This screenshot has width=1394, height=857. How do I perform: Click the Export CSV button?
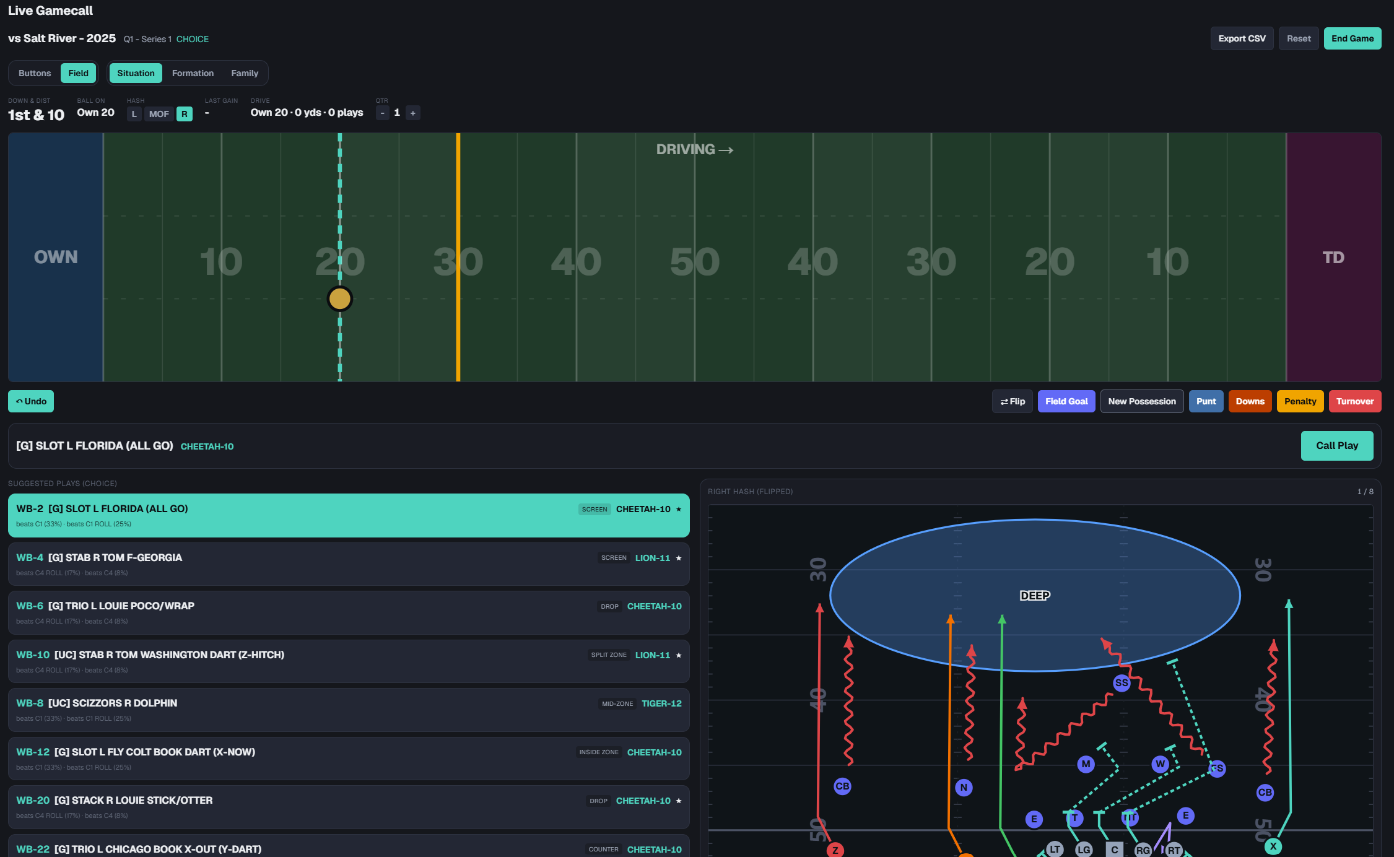[1242, 38]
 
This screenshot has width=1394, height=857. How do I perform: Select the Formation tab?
[193, 73]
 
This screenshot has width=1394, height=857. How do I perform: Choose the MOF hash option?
[159, 114]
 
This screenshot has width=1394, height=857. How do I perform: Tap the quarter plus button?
[413, 113]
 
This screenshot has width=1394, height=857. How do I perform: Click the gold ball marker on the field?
[339, 298]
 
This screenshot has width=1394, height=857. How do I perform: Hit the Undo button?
[31, 401]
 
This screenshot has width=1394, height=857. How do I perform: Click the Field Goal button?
[1066, 401]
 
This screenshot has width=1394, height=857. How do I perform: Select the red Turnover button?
[1355, 401]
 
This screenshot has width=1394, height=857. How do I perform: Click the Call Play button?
[1337, 446]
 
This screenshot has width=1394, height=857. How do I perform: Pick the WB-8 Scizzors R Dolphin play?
[349, 710]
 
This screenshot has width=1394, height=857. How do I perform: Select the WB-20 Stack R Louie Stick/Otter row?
[349, 807]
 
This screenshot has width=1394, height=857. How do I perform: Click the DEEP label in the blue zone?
[1035, 596]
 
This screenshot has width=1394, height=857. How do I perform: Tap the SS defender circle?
[1122, 683]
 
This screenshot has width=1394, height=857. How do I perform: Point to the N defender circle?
[964, 788]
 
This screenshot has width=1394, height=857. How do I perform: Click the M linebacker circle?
[1086, 764]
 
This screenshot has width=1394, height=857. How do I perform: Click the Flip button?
[1013, 401]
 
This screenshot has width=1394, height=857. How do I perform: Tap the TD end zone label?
[1333, 258]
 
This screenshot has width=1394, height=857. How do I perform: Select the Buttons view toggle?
[35, 73]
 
